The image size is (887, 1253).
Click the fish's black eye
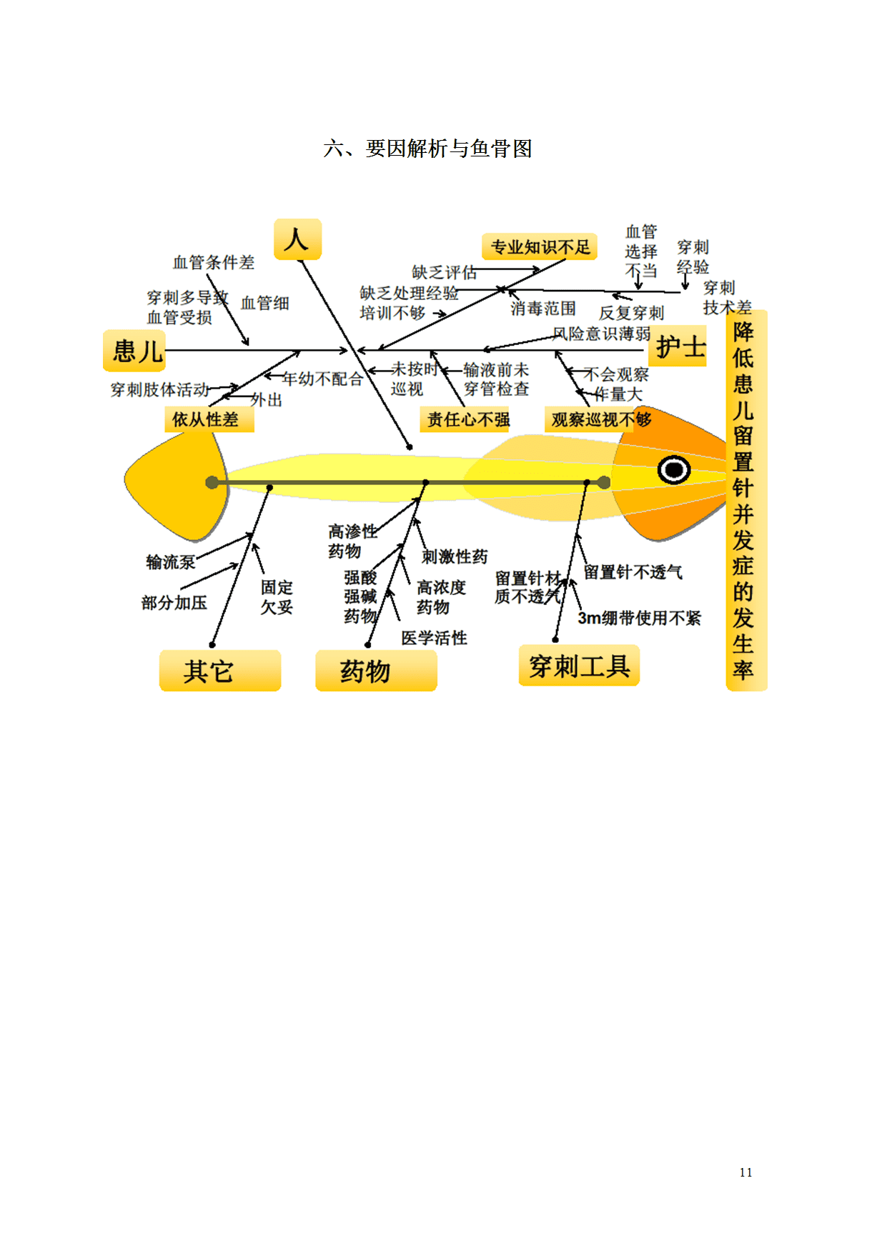tap(673, 469)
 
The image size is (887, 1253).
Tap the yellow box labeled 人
tap(297, 239)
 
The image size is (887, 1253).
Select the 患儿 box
tap(135, 351)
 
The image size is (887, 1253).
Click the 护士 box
tap(679, 347)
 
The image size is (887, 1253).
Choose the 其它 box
tap(219, 671)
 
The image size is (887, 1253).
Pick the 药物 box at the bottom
tap(376, 671)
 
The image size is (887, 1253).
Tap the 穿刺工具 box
tap(579, 666)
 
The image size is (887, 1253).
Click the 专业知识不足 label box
tap(540, 247)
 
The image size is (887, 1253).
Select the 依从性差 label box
tap(209, 419)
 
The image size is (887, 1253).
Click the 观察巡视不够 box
tap(599, 419)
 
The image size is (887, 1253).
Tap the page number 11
tap(745, 1172)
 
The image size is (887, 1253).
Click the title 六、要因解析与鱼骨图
tap(427, 149)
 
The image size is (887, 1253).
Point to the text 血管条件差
tap(214, 262)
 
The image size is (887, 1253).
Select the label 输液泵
tap(170, 562)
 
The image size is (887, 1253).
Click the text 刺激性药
tap(455, 556)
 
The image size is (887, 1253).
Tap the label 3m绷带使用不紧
tap(639, 618)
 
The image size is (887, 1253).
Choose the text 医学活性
tap(434, 638)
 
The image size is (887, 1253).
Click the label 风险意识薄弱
tap(601, 334)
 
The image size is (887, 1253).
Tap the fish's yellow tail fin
tap(175, 486)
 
